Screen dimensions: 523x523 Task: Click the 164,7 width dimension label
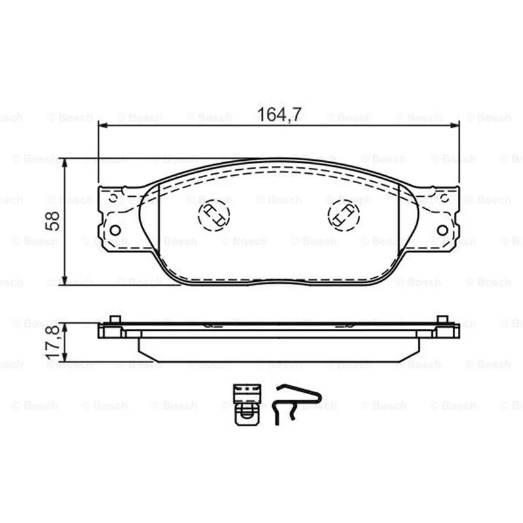point(280,115)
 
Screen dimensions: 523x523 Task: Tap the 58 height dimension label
point(52,221)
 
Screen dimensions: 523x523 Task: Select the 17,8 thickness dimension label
point(53,343)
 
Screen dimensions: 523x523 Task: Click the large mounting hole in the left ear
point(115,230)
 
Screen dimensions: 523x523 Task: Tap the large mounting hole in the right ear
point(443,230)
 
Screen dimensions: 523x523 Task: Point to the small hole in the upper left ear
point(113,199)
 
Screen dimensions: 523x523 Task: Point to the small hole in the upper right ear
point(445,199)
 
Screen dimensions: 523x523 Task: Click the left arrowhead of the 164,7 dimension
point(103,126)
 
